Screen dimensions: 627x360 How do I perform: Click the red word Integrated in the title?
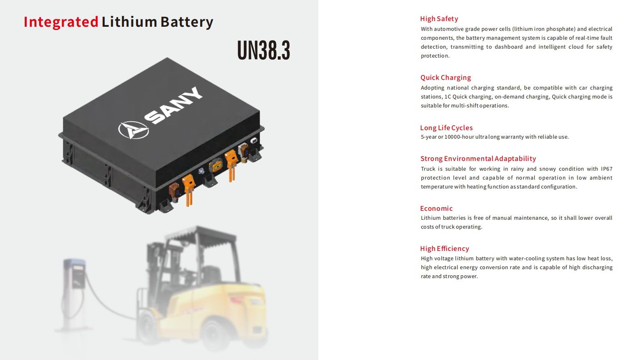(61, 22)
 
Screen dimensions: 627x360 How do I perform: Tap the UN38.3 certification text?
(264, 50)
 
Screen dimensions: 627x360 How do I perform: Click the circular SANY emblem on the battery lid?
(133, 130)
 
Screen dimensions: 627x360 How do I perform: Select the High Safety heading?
(439, 19)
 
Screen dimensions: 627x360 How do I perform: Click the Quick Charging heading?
(446, 77)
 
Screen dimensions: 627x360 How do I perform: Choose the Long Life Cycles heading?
(446, 128)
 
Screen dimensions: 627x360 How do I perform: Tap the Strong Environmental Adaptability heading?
(478, 159)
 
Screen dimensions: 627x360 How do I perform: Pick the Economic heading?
(436, 208)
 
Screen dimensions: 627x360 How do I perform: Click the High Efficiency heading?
(444, 249)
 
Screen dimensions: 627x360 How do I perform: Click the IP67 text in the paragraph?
(607, 169)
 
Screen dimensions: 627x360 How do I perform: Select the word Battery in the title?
(187, 22)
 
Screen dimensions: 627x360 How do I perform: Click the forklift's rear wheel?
(216, 334)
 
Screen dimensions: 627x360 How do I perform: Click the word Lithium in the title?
(129, 21)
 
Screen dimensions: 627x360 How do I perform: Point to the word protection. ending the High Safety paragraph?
(435, 56)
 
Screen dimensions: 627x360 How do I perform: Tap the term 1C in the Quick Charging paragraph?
(448, 96)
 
